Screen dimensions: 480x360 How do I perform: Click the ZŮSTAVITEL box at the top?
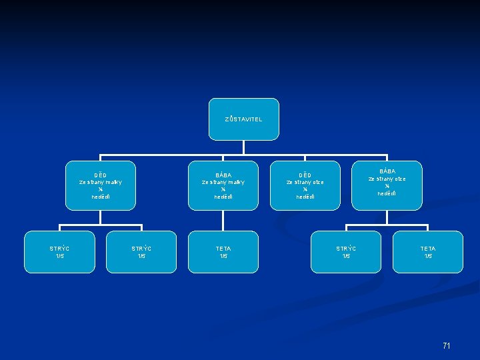click(x=243, y=119)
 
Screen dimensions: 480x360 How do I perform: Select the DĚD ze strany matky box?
click(x=101, y=185)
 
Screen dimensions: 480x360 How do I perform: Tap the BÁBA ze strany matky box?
click(x=223, y=185)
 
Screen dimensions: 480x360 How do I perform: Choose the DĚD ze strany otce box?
click(x=305, y=185)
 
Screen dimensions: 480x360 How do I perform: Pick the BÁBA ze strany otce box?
click(x=387, y=185)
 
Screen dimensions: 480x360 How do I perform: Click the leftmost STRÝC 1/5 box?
click(x=59, y=252)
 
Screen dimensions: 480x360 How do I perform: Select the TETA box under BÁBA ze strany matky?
click(x=223, y=252)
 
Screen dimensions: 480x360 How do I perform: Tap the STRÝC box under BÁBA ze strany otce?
click(x=345, y=252)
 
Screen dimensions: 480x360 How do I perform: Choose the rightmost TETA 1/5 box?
click(x=427, y=252)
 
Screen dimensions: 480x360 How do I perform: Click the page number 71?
click(x=447, y=345)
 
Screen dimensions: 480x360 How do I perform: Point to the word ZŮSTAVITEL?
click(x=243, y=119)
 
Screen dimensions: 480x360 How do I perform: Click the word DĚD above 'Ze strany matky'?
click(x=101, y=175)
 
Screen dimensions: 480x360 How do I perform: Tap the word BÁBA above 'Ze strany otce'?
click(x=387, y=171)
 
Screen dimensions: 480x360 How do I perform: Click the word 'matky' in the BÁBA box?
click(x=235, y=182)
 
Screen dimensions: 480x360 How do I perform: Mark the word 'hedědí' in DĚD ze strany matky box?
click(x=101, y=197)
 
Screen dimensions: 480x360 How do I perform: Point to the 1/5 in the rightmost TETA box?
click(x=427, y=256)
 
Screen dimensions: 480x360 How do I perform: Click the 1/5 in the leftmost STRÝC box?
click(x=59, y=256)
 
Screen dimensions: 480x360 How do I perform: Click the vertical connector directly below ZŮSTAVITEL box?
click(x=243, y=147)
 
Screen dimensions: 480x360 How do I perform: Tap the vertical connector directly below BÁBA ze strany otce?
click(x=387, y=215)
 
